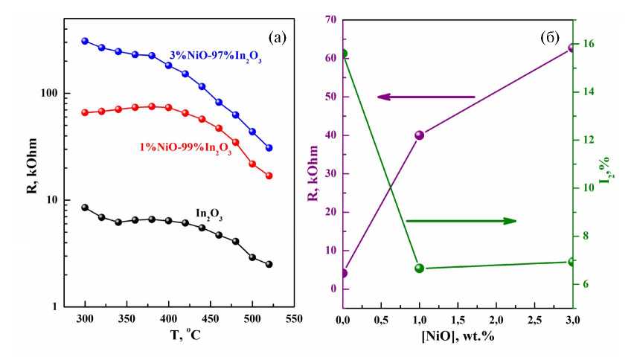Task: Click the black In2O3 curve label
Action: tap(211, 213)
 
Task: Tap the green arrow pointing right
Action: tap(461, 221)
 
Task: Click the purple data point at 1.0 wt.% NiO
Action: tap(420, 135)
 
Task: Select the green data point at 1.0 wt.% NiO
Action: tap(420, 268)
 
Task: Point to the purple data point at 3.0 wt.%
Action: tap(571, 48)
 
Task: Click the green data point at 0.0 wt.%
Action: tap(344, 54)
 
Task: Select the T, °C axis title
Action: tap(179, 335)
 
